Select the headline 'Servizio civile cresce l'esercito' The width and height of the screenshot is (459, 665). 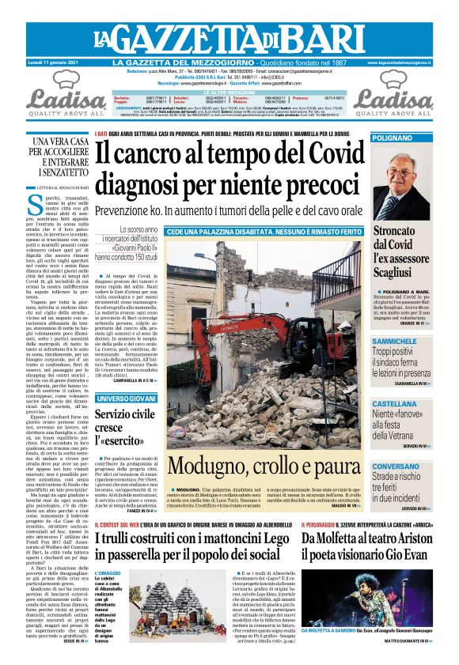coord(127,428)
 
